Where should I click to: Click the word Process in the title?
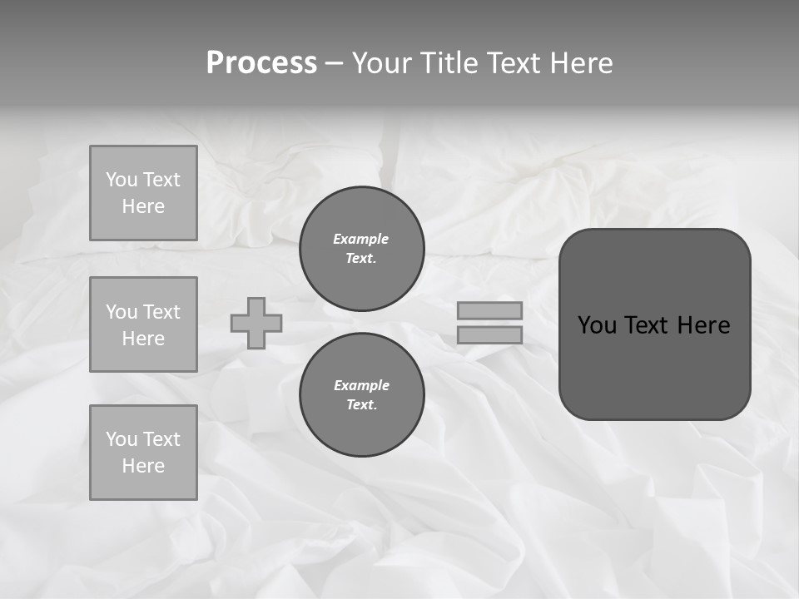click(261, 63)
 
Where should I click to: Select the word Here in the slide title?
click(580, 63)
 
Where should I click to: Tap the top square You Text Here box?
click(143, 193)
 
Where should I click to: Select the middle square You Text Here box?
click(143, 324)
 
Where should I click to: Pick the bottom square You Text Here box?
click(143, 453)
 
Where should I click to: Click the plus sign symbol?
click(256, 323)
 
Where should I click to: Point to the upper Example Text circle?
click(362, 249)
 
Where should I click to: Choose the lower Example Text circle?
click(362, 395)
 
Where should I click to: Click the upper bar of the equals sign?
click(489, 310)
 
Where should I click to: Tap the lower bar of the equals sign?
click(489, 334)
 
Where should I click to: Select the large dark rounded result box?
click(654, 324)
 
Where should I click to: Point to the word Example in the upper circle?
click(361, 239)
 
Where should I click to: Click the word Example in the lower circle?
click(361, 385)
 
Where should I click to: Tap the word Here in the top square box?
click(143, 206)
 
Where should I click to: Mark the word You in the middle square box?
click(121, 312)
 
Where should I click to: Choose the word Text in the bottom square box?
click(161, 439)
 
